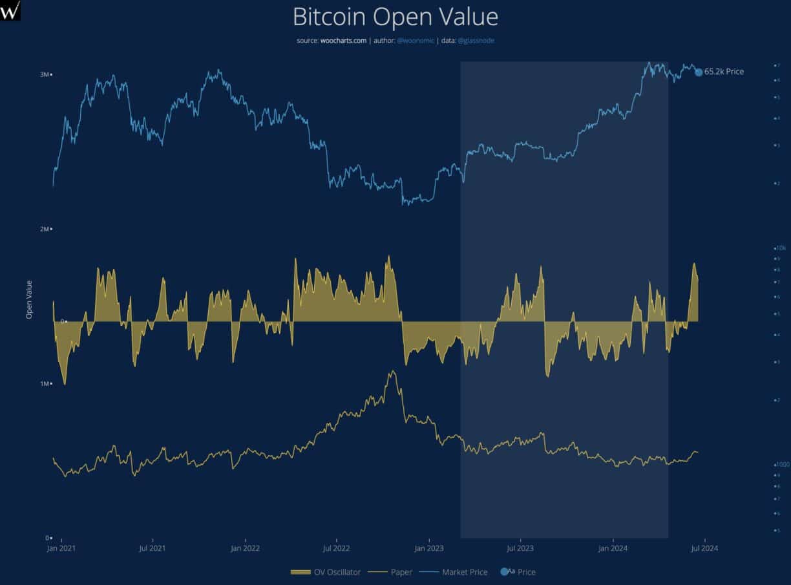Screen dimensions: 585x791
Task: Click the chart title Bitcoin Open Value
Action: click(395, 17)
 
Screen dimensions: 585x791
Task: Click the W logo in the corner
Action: click(10, 10)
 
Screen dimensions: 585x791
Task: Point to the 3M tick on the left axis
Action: click(45, 74)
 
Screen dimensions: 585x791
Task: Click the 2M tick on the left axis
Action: click(45, 229)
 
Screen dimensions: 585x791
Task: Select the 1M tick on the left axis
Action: click(45, 383)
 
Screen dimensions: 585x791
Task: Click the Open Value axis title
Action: click(29, 299)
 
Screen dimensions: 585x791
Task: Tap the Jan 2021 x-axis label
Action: click(61, 548)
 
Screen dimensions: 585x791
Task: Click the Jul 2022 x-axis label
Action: click(337, 548)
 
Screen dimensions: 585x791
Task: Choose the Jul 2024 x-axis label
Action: click(704, 548)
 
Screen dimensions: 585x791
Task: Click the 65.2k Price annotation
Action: click(724, 72)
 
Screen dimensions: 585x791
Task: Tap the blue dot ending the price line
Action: click(699, 72)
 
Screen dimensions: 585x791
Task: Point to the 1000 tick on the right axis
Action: click(781, 465)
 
